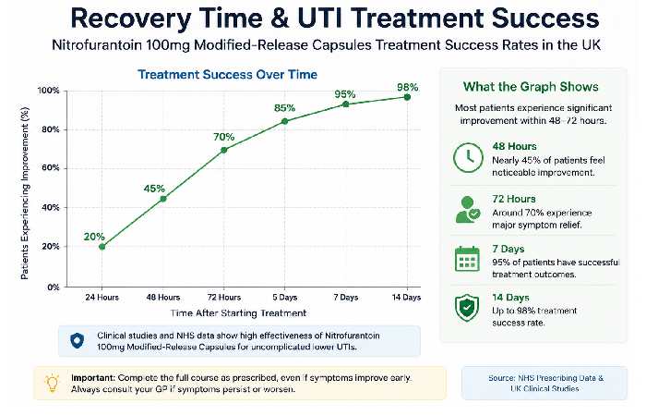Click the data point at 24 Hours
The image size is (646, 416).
102,247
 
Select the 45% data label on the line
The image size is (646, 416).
154,189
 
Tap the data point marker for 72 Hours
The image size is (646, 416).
223,150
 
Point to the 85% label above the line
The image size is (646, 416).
284,108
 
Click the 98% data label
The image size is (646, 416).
408,87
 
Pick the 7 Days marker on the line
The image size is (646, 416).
346,104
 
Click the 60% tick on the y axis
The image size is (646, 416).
50,168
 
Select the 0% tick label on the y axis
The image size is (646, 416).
54,287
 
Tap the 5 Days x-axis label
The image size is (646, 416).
284,297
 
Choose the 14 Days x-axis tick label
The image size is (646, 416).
406,297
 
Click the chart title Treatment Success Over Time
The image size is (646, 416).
227,74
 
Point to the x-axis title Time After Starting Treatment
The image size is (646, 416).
238,312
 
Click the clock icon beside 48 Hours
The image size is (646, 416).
468,158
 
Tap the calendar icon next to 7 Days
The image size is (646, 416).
467,259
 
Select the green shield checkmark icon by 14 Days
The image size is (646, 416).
467,308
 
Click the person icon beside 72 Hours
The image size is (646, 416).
468,210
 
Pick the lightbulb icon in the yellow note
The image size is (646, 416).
53,383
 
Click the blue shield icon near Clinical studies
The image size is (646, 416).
77,341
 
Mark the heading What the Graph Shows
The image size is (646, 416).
531,87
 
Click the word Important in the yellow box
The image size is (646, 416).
93,377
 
